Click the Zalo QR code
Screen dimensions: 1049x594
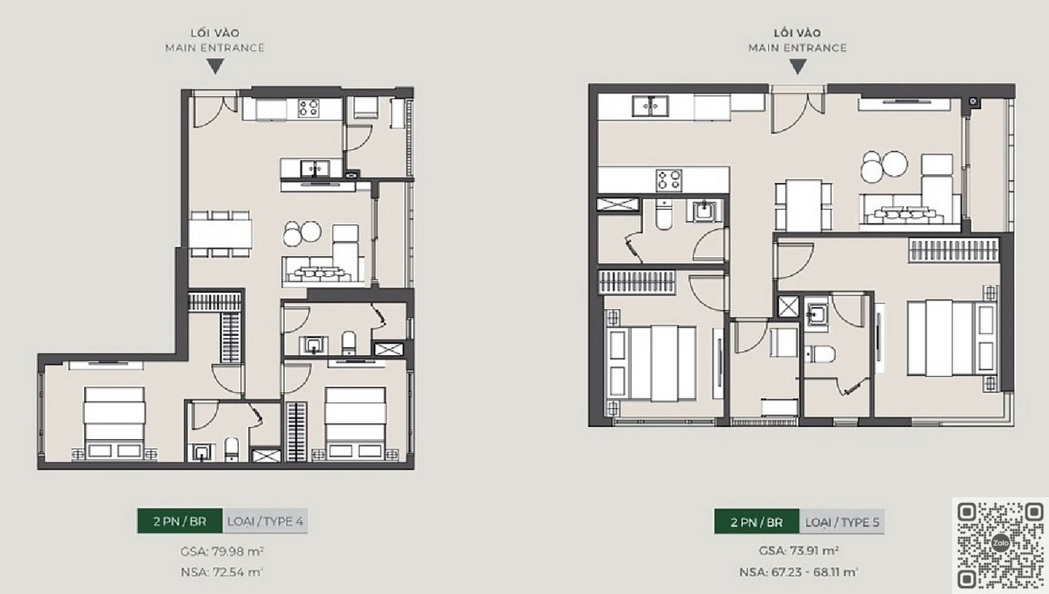point(1001,545)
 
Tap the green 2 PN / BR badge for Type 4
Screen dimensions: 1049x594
point(180,521)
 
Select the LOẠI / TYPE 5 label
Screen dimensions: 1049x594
point(842,522)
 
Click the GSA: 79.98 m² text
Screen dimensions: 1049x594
point(222,551)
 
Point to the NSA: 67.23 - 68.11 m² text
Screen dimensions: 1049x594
point(799,572)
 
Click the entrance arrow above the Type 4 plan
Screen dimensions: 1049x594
point(215,66)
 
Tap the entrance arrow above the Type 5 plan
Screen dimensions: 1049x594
point(798,66)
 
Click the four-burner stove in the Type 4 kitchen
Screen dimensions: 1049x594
point(309,108)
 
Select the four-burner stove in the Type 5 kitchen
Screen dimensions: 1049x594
point(669,180)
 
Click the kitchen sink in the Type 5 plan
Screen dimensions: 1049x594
point(650,106)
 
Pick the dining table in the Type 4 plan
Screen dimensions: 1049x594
point(220,234)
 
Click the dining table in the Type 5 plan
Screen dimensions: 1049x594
point(803,205)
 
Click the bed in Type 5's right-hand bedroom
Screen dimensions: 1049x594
point(951,337)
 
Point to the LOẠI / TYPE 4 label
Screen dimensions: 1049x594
point(265,521)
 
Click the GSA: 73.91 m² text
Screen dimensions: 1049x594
point(799,551)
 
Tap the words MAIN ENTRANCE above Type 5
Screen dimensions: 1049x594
point(797,48)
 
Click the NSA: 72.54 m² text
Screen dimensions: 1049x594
point(222,572)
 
